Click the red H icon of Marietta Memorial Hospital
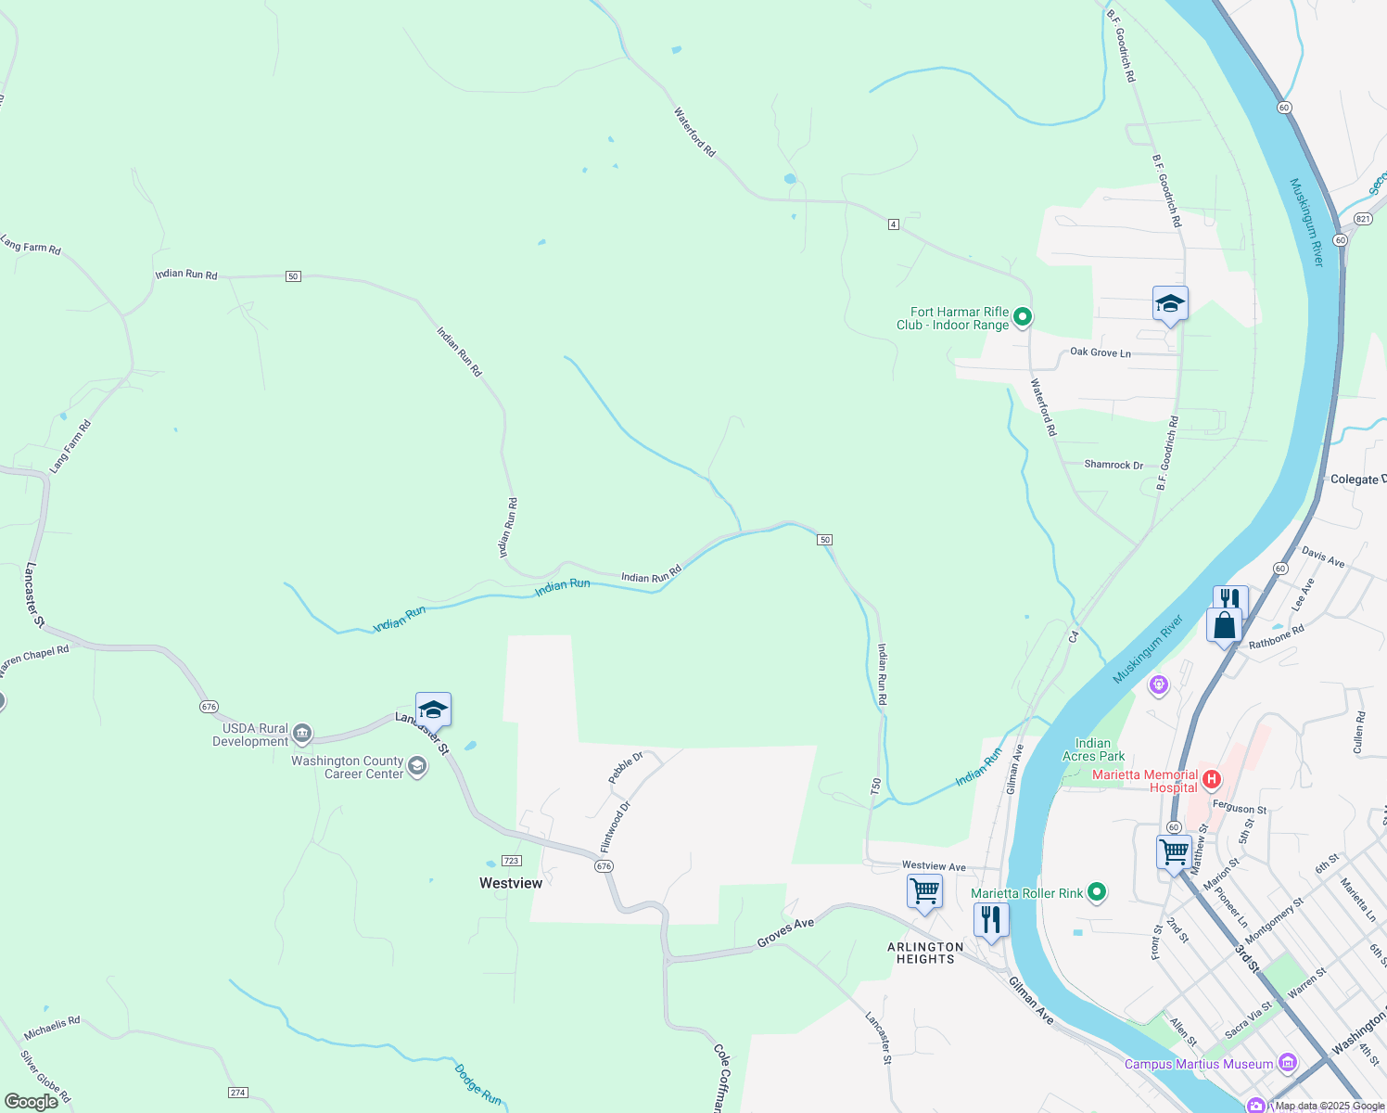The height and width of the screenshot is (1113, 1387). (x=1211, y=778)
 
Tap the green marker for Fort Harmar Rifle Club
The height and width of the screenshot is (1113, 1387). (x=1022, y=317)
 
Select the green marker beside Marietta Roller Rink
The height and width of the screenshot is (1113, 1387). (x=1097, y=892)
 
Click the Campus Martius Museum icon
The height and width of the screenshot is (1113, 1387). (x=1286, y=1062)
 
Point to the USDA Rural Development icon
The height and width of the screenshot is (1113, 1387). (x=301, y=735)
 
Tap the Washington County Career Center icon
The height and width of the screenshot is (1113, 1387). (x=417, y=766)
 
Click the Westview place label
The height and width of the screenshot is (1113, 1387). (x=511, y=883)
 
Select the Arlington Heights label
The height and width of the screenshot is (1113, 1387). (x=925, y=953)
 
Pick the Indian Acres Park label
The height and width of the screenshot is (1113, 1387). (x=1093, y=749)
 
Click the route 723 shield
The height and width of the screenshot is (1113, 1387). (x=511, y=861)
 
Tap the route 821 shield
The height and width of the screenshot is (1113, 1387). (x=1362, y=219)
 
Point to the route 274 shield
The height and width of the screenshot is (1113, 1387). (x=238, y=1092)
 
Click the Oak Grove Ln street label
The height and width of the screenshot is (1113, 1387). (x=1101, y=352)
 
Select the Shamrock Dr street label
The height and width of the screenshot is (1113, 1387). (x=1113, y=465)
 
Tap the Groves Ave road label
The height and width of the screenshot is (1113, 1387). (x=785, y=932)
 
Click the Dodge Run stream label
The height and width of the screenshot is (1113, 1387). (x=477, y=1084)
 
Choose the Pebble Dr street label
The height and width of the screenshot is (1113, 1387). (x=626, y=768)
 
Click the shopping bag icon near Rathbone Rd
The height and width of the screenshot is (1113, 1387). (x=1224, y=625)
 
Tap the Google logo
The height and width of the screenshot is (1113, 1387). (x=32, y=1101)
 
